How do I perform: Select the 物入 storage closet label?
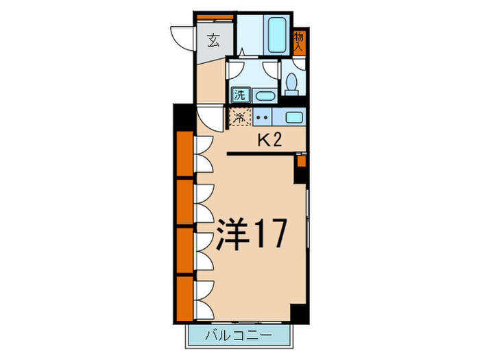298,43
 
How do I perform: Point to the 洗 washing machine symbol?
240,95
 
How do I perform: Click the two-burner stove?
263,117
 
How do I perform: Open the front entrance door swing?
182,36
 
